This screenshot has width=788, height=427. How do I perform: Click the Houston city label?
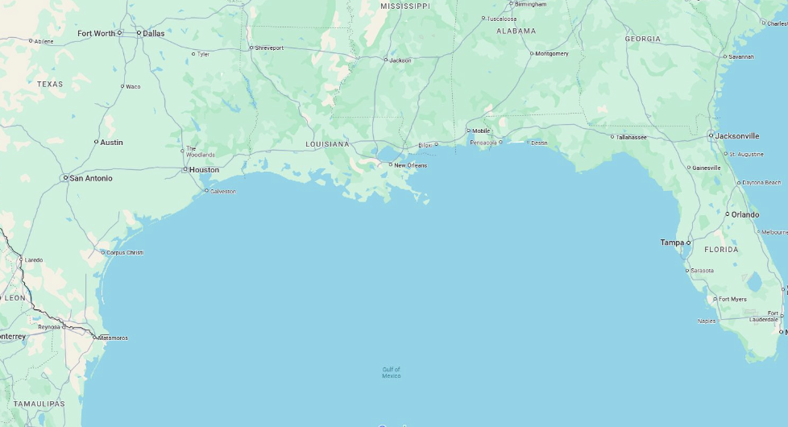tap(204, 170)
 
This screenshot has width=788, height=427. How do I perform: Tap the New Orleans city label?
tap(410, 165)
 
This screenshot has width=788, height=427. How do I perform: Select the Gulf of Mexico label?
tap(392, 372)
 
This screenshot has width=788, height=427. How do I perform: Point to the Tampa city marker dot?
tap(689, 243)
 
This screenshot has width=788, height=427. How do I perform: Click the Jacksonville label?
tap(737, 136)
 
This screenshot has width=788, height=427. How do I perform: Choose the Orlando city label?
tap(744, 214)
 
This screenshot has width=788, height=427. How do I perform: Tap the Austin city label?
tap(111, 142)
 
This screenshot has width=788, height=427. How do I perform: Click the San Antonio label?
tap(91, 178)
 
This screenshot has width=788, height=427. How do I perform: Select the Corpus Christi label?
tap(125, 252)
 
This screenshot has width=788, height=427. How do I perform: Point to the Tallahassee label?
tap(632, 137)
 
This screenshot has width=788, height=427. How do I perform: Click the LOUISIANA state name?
tap(327, 144)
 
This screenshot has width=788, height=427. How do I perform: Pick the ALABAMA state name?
tap(516, 31)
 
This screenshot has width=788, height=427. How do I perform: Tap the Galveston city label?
tap(223, 191)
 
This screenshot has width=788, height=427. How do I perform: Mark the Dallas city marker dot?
tap(139, 33)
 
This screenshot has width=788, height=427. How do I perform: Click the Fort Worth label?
tap(96, 33)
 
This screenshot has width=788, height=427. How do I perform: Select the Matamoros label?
tap(113, 338)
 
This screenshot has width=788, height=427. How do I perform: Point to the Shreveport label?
tap(269, 48)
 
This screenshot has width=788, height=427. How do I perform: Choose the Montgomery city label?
tap(552, 53)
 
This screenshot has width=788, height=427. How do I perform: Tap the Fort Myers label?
tap(732, 299)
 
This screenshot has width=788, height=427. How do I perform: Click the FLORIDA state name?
tap(721, 250)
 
